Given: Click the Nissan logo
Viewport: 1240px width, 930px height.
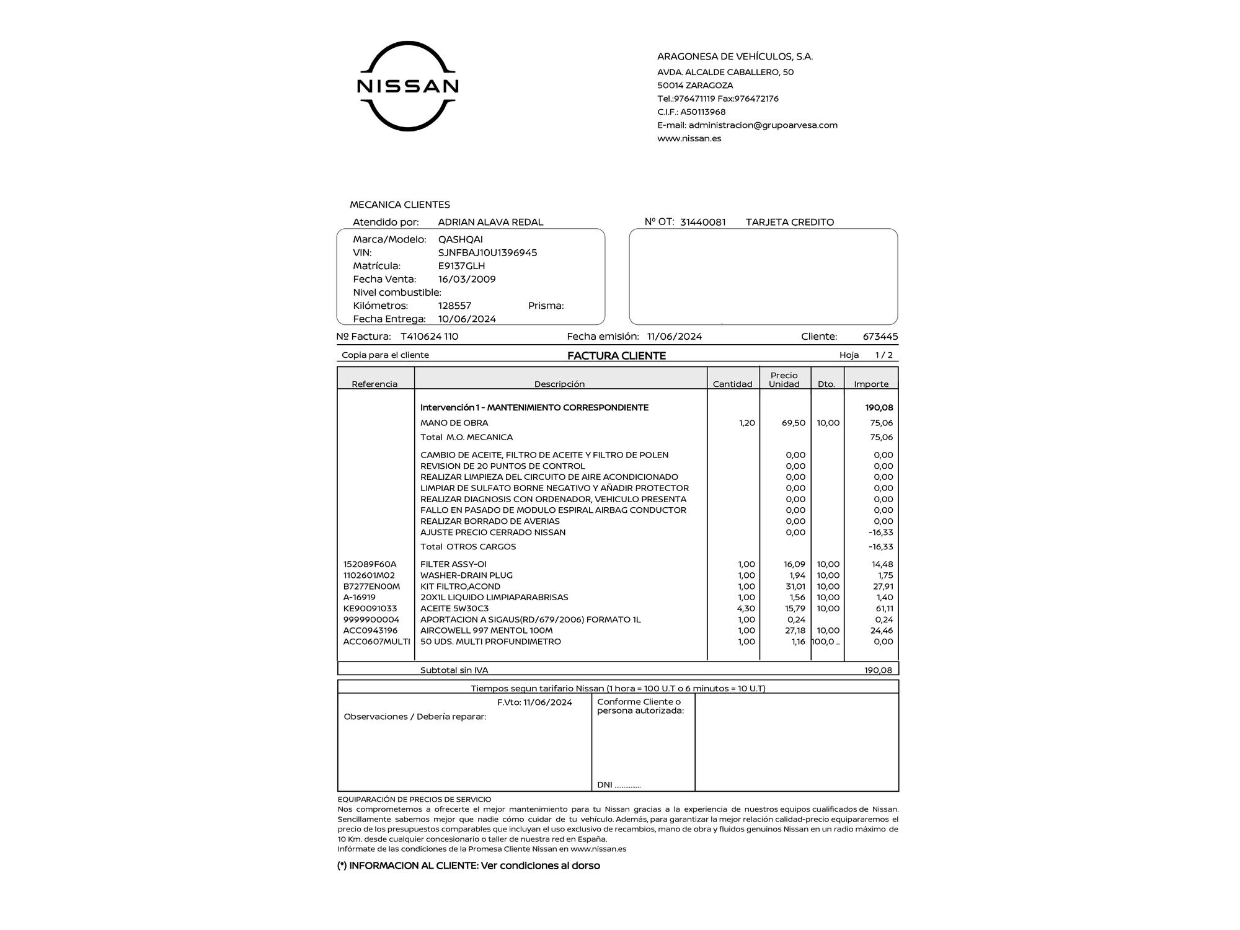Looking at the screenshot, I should (x=407, y=86).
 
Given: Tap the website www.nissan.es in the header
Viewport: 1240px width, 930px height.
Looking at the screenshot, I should (x=689, y=138).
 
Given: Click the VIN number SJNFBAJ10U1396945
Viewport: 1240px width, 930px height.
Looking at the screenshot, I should (x=487, y=253).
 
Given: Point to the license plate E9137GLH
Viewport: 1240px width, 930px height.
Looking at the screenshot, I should (x=461, y=266).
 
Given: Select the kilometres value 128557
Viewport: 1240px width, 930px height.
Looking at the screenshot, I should (x=454, y=306).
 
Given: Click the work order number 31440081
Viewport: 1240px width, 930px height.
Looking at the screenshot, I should (x=702, y=222).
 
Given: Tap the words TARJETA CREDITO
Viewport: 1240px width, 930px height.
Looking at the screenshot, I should (x=789, y=222).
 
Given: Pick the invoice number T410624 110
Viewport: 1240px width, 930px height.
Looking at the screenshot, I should (x=429, y=337).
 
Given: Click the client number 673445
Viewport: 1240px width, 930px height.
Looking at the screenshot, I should (x=880, y=337).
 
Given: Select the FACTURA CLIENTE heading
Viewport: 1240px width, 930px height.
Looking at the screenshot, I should (x=616, y=356).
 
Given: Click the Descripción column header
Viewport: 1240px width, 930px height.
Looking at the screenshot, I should (x=559, y=384).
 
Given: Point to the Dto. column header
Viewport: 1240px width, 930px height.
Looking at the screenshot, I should (x=826, y=384).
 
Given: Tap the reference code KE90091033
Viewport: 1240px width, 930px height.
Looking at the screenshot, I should (x=370, y=609).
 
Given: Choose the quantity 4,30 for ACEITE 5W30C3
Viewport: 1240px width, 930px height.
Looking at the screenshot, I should (x=746, y=609).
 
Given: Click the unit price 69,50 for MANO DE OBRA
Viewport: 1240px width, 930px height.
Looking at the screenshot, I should (x=794, y=423).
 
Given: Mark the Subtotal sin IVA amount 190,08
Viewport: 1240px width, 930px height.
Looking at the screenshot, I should (x=878, y=670).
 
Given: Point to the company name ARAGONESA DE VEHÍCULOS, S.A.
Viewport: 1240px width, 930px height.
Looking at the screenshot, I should (x=735, y=57).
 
